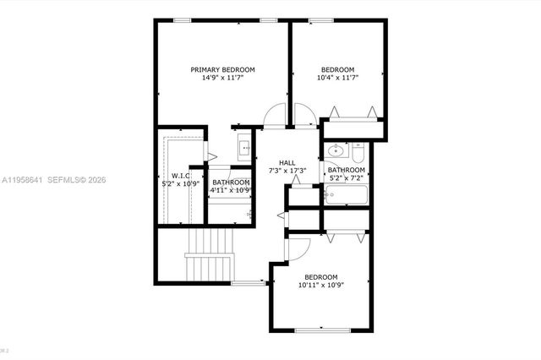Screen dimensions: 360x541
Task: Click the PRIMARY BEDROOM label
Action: point(222,69)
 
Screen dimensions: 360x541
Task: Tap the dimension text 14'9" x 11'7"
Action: point(222,78)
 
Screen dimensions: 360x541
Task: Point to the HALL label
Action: point(287,163)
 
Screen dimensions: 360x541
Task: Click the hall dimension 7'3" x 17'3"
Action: point(287,172)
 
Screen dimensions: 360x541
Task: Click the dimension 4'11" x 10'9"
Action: point(231,189)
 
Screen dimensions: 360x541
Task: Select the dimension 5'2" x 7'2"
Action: point(345,178)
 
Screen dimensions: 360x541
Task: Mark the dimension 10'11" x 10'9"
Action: point(320,286)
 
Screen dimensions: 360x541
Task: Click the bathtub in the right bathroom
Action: point(344,194)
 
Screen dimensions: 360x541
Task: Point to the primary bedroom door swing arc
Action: point(275,116)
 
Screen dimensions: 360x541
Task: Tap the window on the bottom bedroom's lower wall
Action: point(319,330)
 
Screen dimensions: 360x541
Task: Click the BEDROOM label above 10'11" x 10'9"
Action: point(320,277)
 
